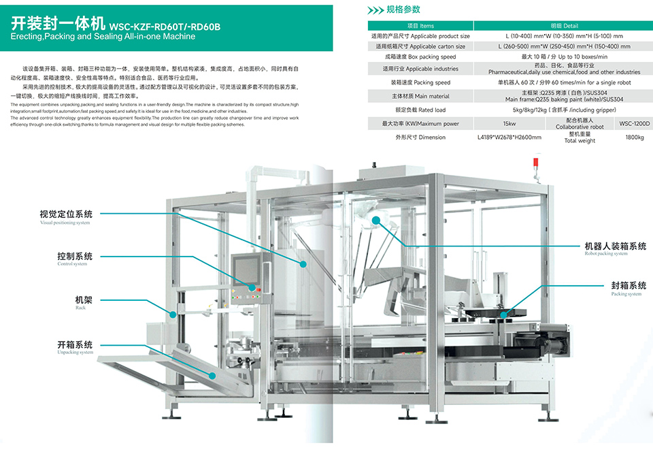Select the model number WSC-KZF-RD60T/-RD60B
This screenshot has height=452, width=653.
165,27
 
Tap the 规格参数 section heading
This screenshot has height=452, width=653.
403,10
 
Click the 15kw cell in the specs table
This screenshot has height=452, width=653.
509,124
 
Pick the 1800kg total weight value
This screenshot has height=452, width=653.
635,138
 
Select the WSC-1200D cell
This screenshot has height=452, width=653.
635,124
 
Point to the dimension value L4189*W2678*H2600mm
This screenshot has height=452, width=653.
509,138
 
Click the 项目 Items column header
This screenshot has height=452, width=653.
420,26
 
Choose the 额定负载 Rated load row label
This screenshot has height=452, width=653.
420,110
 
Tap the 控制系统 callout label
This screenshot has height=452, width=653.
75,257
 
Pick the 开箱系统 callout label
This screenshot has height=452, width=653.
75,345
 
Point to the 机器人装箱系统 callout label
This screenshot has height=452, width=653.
616,246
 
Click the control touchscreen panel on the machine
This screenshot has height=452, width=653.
245,268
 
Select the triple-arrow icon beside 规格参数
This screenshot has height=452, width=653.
375,10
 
